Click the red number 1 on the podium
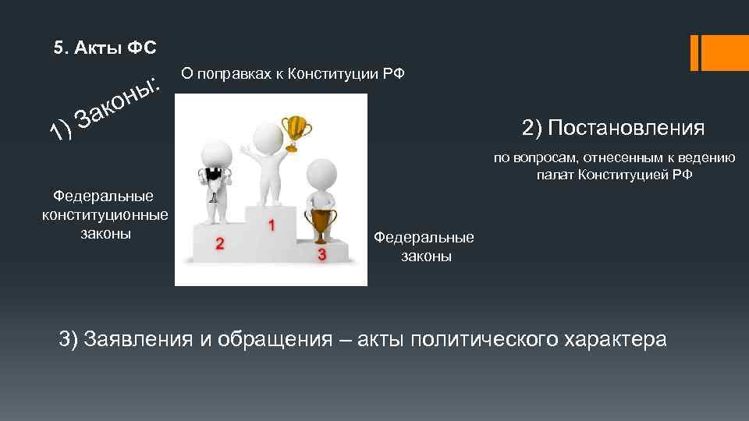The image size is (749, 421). (x=271, y=225)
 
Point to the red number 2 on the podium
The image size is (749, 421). (x=220, y=244)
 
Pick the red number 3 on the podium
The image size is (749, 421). (x=321, y=255)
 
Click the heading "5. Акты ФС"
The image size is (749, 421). (x=105, y=48)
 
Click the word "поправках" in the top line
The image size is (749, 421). (x=231, y=74)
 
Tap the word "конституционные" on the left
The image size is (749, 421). (x=105, y=214)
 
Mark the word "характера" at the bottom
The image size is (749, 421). (x=617, y=340)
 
